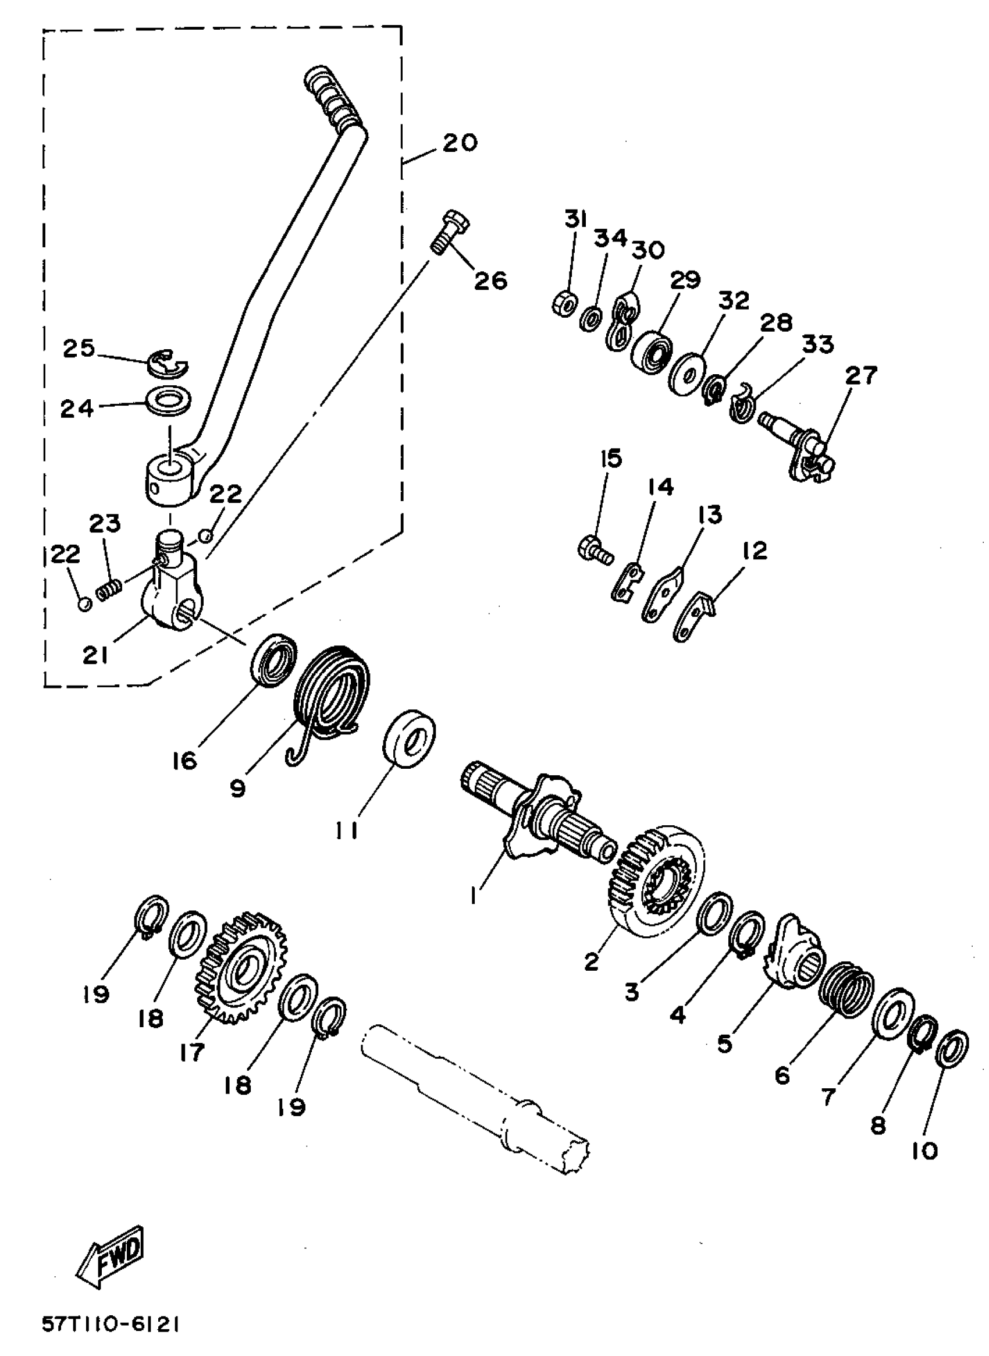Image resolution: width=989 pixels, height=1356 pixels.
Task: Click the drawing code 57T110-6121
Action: click(x=111, y=1324)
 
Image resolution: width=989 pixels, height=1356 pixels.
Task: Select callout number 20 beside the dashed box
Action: click(x=460, y=143)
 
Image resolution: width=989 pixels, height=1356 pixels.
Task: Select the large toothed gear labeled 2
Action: click(x=656, y=880)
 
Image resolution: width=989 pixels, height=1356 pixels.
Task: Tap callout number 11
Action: click(x=346, y=830)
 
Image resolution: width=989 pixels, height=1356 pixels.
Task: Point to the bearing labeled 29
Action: click(x=652, y=354)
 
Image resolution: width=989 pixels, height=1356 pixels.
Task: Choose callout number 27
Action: click(x=861, y=375)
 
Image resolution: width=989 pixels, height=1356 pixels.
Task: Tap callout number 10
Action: click(x=925, y=1151)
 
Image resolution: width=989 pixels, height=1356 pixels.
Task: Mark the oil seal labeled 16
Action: click(x=273, y=662)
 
